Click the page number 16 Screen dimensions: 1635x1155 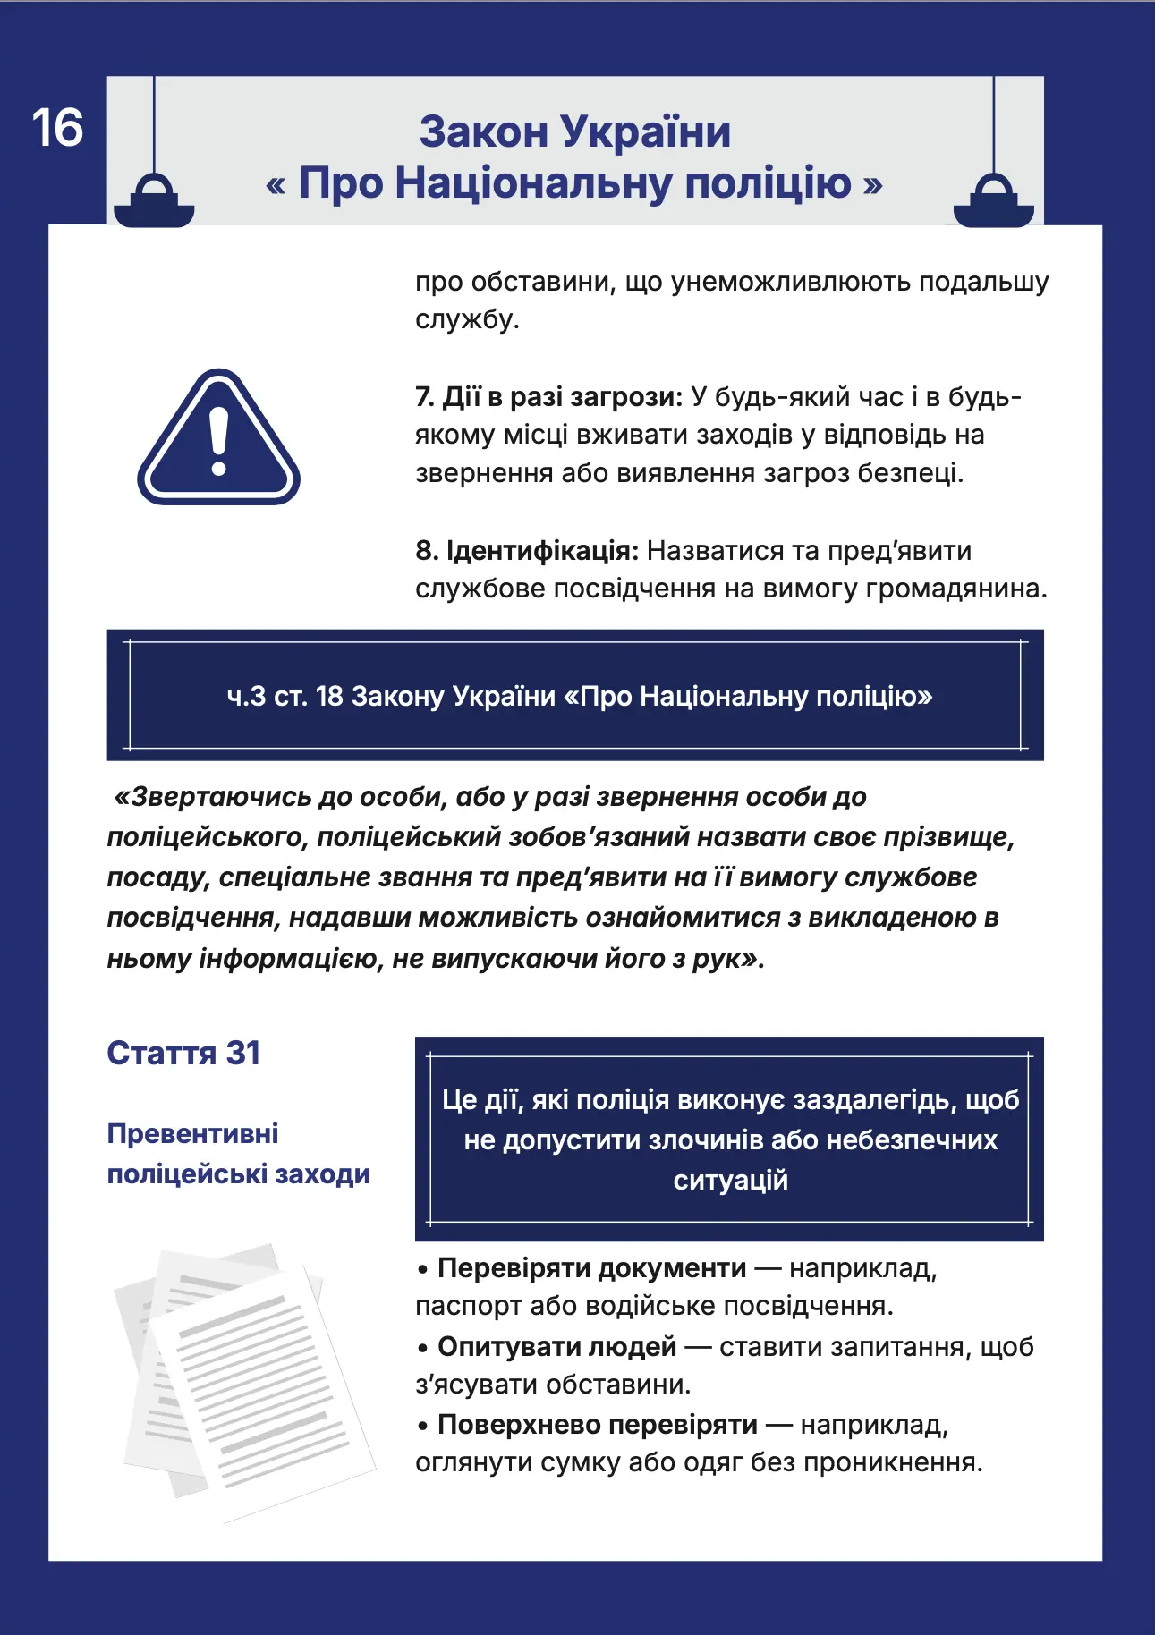[57, 128]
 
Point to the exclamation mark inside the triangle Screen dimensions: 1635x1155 [218, 440]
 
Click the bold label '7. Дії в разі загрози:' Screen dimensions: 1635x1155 [548, 396]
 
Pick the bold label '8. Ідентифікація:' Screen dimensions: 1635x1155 [527, 550]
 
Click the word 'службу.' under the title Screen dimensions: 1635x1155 [467, 319]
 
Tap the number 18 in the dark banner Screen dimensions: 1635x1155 [329, 696]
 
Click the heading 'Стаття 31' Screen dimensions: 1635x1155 [183, 1053]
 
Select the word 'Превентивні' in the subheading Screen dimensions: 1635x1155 [192, 1133]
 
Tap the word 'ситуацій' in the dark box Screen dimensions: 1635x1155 [730, 1180]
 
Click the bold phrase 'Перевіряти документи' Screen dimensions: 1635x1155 [591, 1267]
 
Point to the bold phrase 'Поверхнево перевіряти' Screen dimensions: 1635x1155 [597, 1424]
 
